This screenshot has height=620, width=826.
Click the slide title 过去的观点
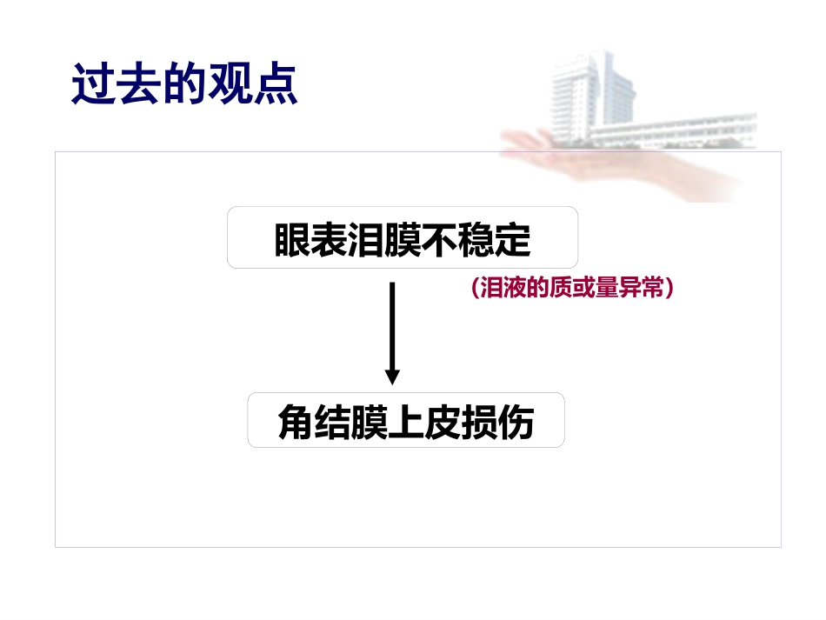[x=184, y=83]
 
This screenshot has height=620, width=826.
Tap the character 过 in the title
[x=93, y=83]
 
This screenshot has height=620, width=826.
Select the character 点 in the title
[x=276, y=83]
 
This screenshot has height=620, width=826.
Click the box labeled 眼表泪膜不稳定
[x=403, y=237]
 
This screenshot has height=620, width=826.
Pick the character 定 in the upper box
[x=513, y=240]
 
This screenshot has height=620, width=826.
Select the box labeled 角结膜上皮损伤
[x=406, y=420]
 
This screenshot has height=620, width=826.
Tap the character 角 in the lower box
[x=296, y=422]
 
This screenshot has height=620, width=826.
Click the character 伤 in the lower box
[x=516, y=422]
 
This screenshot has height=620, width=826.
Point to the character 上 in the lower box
[x=406, y=422]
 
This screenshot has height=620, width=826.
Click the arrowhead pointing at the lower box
[x=392, y=377]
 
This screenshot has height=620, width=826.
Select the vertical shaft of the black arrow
[x=392, y=326]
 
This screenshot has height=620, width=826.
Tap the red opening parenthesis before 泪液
[x=475, y=288]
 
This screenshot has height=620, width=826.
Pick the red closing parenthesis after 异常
[x=669, y=288]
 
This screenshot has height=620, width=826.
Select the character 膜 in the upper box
[x=403, y=240]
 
